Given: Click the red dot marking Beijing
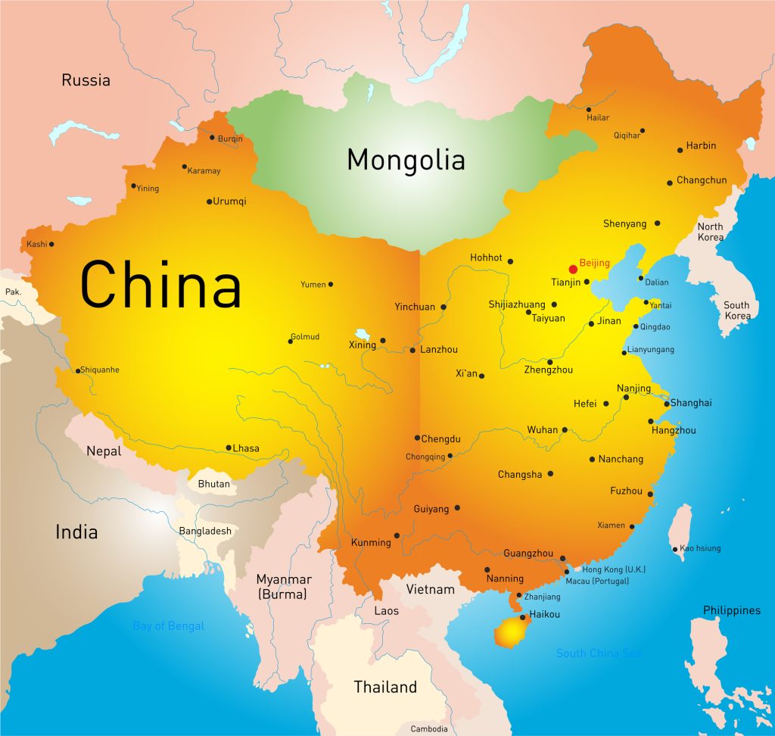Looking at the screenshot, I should point(573,269).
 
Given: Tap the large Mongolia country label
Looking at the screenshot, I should point(406,161).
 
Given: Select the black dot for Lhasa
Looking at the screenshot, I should point(229,448).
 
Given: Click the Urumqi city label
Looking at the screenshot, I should point(230,201).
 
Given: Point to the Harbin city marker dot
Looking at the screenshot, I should point(680,150).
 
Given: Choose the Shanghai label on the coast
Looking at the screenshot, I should point(691,403).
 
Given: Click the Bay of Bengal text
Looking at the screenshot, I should point(168,626).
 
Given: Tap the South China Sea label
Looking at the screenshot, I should point(598,653).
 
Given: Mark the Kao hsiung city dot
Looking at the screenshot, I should point(674,549).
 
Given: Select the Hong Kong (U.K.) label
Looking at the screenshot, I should point(613,569).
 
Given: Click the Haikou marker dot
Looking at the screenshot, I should point(521,617).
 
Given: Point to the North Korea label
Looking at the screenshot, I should point(710,232).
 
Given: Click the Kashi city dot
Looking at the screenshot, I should point(51,244).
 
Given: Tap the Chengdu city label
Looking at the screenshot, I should point(440,438).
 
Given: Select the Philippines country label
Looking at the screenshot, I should point(731,610).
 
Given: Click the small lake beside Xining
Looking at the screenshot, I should point(363,334).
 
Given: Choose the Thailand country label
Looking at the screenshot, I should point(385,688).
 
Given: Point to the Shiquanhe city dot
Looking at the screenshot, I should point(77,370).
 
